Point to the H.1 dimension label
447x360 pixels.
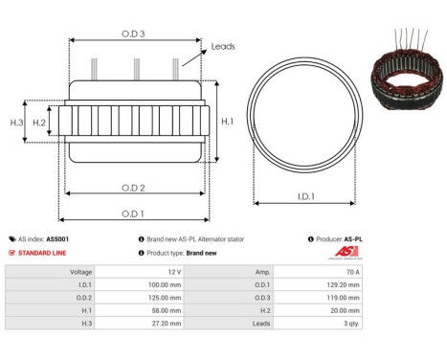click(227, 122)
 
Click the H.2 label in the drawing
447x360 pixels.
click(39, 123)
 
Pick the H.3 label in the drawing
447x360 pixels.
click(16, 123)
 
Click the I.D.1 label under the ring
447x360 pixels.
click(307, 198)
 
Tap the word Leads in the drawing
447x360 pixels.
click(223, 46)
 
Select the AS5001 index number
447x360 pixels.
click(57, 239)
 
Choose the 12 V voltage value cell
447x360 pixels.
click(172, 272)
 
